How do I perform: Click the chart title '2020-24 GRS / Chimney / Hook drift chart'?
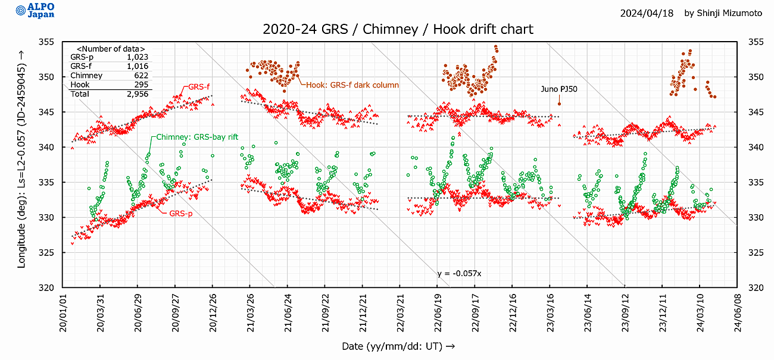(398, 29)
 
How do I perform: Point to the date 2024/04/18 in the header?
(647, 13)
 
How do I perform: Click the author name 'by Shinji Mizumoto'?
(723, 13)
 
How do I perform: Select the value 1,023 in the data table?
(138, 57)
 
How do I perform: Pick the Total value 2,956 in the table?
(138, 94)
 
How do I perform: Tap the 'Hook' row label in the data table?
(80, 85)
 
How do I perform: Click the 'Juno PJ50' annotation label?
(558, 89)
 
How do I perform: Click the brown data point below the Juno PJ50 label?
(559, 104)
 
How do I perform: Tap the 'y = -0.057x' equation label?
(459, 273)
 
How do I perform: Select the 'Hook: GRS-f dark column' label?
(352, 85)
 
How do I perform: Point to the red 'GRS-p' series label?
(180, 212)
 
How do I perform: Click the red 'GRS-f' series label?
(199, 87)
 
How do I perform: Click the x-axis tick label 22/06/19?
(438, 312)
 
